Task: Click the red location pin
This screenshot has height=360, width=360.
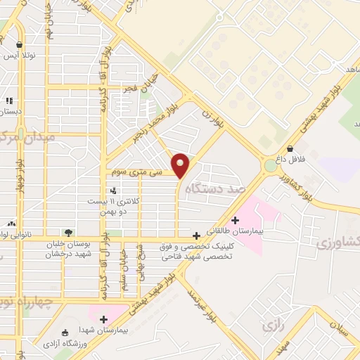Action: coord(181,165)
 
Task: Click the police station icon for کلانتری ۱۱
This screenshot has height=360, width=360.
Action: coord(113,190)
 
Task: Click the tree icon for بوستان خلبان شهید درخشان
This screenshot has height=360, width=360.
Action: coord(68,233)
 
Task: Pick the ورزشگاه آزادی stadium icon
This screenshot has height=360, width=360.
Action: coord(66,333)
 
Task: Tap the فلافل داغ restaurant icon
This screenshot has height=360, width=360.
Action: coord(290,150)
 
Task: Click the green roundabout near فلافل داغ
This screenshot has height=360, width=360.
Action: coord(271,166)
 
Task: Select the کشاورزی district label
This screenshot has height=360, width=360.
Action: coord(337,243)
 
